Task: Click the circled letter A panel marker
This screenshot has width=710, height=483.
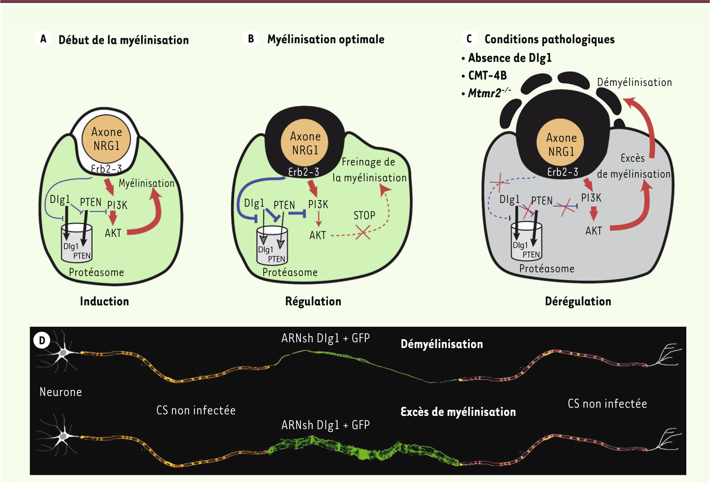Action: (43, 39)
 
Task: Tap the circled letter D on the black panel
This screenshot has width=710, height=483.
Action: (42, 341)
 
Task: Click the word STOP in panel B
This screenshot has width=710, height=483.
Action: (364, 215)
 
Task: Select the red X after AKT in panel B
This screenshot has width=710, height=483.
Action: (363, 232)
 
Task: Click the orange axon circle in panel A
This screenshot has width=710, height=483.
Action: (106, 139)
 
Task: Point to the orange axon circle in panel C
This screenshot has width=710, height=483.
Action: (561, 143)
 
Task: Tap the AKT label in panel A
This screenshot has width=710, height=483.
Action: (113, 233)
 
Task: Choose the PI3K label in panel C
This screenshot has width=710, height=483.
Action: (591, 198)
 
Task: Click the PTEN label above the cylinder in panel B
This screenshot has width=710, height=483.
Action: (284, 205)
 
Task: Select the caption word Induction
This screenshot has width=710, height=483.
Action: (104, 301)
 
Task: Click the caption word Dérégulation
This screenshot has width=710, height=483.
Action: (578, 301)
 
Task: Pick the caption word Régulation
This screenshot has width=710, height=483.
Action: (313, 301)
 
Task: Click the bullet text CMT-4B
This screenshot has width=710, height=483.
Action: (487, 75)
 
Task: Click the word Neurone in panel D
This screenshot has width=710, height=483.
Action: (61, 392)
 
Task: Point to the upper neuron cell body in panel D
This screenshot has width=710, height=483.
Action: (63, 353)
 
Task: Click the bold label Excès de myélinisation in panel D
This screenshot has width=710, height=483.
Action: (458, 412)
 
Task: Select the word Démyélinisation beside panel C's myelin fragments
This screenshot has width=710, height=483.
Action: (634, 82)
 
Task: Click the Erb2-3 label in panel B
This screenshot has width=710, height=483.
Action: (304, 172)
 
